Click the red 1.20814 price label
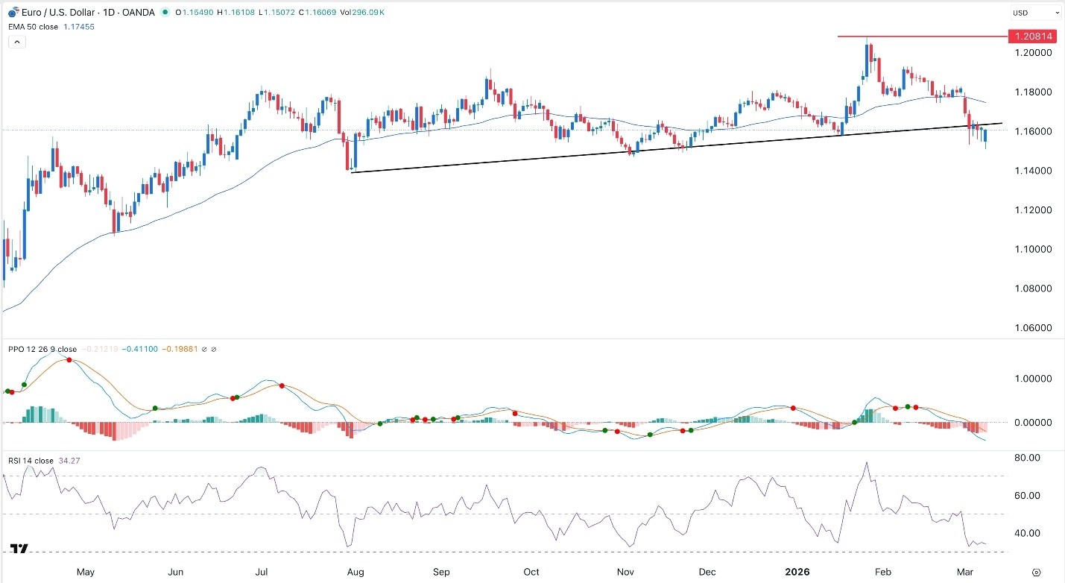point(1031,37)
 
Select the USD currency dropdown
point(1035,13)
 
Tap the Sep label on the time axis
point(442,573)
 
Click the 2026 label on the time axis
point(798,573)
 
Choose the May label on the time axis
point(86,573)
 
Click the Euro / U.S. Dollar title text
point(52,13)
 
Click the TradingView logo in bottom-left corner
point(20,549)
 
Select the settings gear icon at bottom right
point(1036,572)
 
